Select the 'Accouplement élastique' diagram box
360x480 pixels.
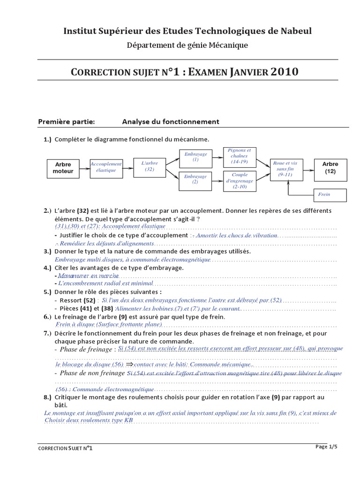click(106, 167)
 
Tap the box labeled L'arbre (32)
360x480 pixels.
click(150, 166)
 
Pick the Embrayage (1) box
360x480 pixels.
click(195, 157)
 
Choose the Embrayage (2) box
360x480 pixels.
click(195, 180)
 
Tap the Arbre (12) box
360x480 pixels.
click(330, 168)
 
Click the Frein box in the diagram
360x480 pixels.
click(330, 194)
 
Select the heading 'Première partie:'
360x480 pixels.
click(67, 122)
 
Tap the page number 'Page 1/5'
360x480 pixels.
click(327, 447)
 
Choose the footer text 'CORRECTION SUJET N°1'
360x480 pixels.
click(65, 448)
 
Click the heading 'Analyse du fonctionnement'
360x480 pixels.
click(171, 122)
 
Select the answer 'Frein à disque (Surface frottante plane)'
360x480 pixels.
click(108, 324)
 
